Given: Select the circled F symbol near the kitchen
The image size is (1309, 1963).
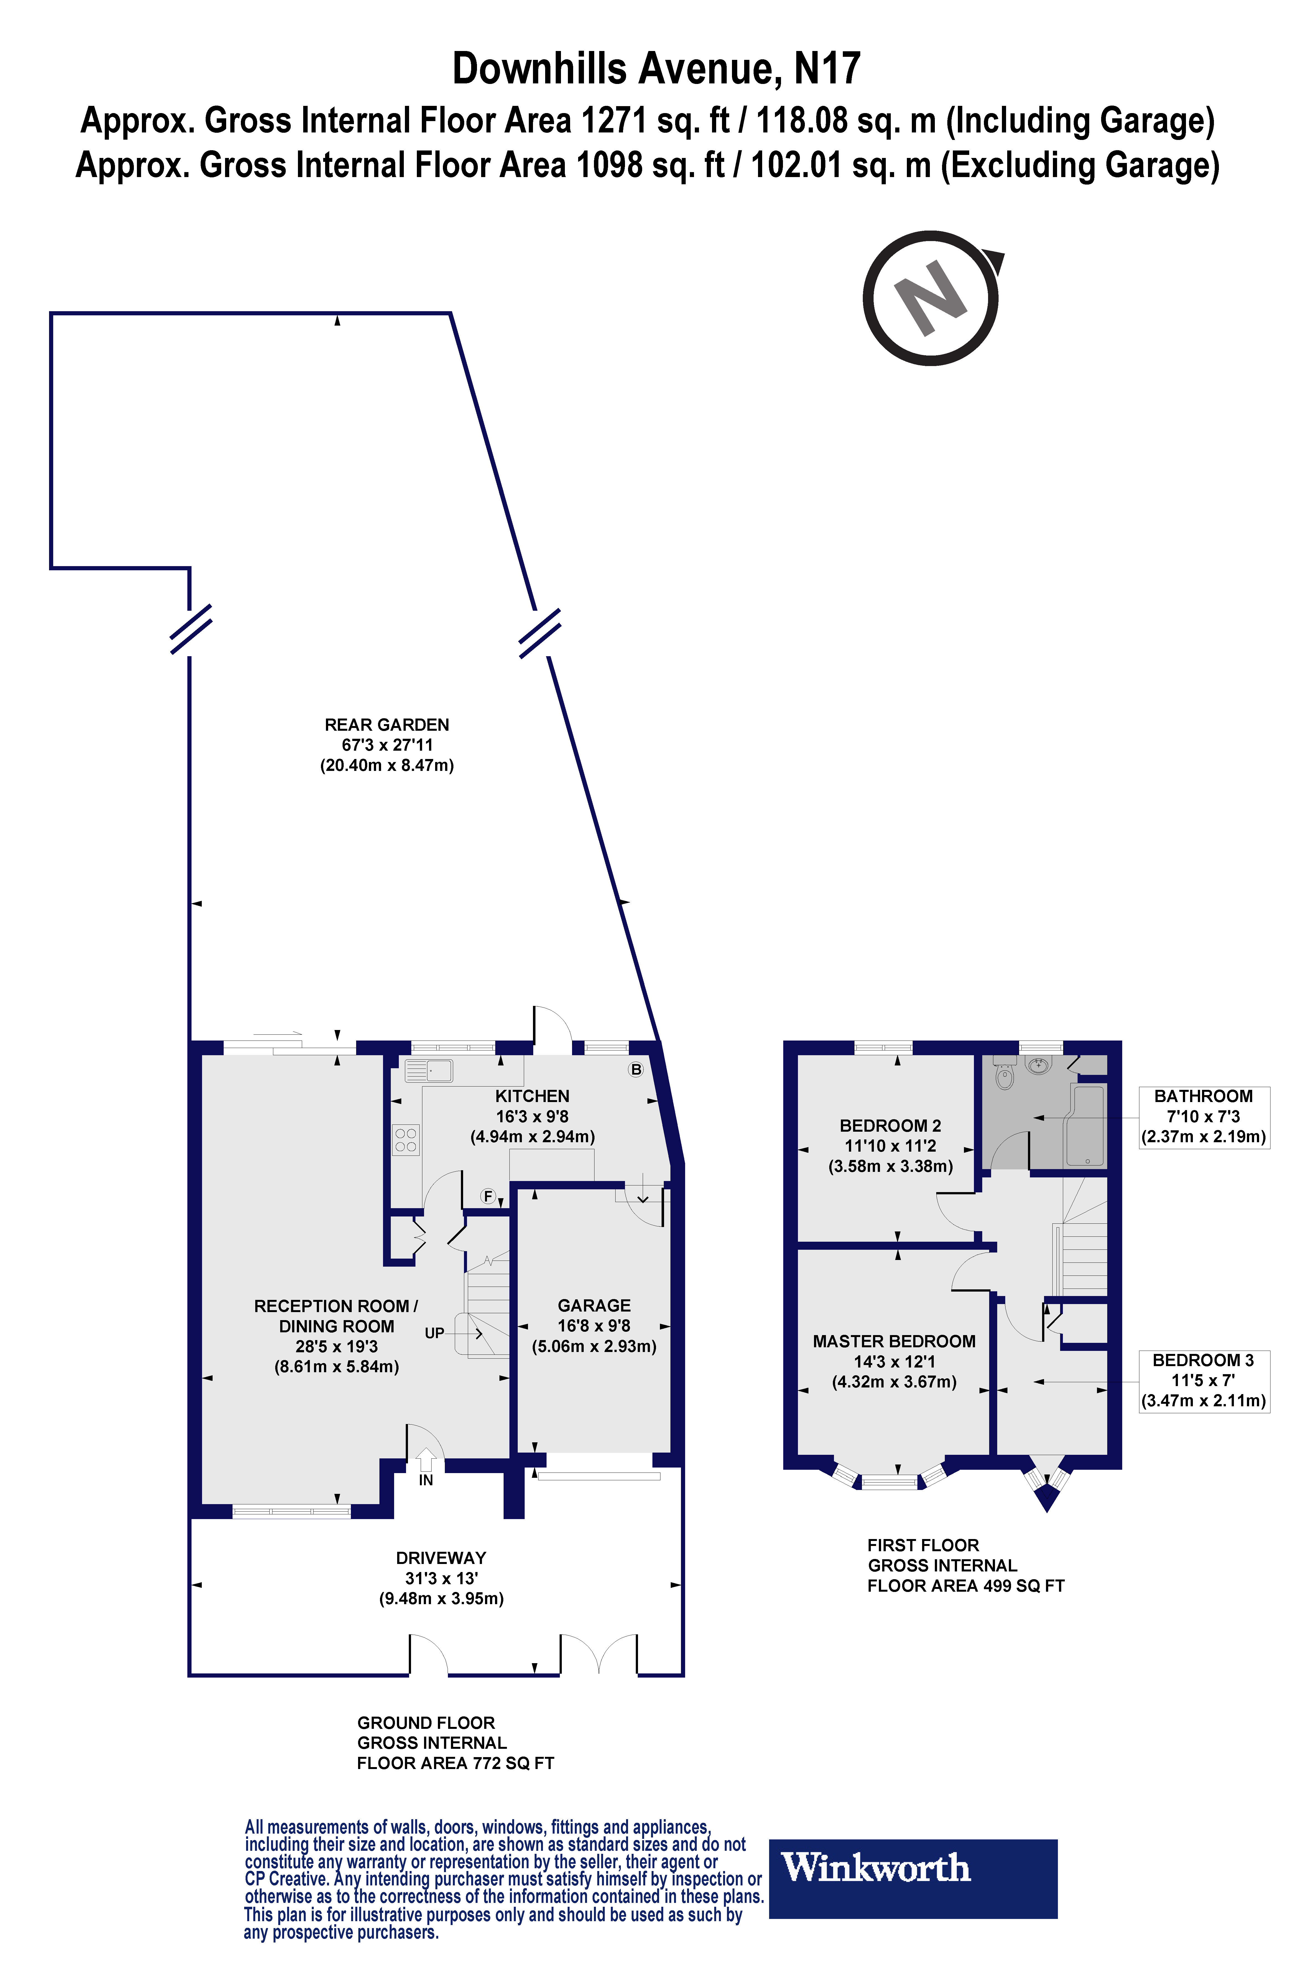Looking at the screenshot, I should coord(488,1197).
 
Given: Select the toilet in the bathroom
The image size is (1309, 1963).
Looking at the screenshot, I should coord(1005,1078).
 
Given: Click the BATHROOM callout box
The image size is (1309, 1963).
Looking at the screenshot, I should coord(1204,1117).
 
